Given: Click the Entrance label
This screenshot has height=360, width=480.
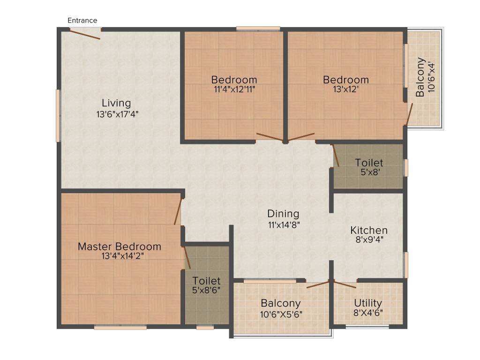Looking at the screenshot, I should click(82, 21).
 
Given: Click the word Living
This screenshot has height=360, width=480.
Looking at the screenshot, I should click(117, 103).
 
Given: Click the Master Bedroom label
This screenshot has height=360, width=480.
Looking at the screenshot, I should click(119, 247).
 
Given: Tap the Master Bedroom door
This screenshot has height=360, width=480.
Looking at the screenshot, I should click(178, 212).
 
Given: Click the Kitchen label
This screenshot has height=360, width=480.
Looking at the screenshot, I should click(369, 230).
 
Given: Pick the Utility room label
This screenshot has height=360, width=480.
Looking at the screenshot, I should click(368, 302).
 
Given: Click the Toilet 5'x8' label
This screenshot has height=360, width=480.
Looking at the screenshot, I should click(369, 163).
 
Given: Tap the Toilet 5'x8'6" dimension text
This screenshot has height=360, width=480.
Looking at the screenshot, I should click(207, 290).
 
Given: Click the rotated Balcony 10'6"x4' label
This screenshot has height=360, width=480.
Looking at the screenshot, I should click(420, 77).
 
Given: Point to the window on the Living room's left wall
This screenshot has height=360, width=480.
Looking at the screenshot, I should click(58, 115).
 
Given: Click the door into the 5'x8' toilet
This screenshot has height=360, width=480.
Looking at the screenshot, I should click(336, 156).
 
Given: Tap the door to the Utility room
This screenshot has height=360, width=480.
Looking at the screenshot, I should click(345, 284).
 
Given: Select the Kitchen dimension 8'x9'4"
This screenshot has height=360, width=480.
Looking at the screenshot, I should click(369, 240).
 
